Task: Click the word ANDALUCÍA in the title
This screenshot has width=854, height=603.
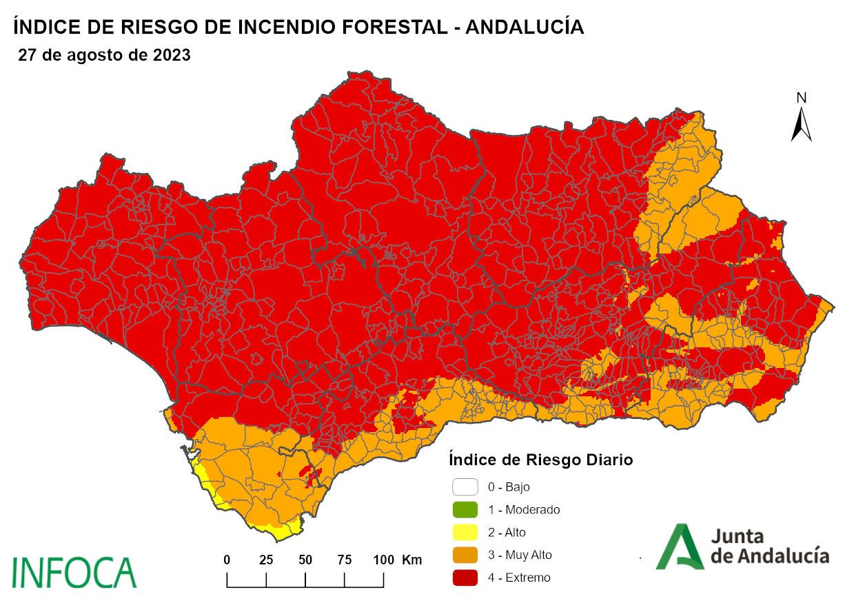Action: [525, 28]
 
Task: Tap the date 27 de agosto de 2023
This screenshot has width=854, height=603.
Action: [104, 56]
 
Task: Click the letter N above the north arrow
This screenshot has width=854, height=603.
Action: [801, 98]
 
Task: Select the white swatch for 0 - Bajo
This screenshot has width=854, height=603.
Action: [465, 487]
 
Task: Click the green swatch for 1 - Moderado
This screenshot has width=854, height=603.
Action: [465, 510]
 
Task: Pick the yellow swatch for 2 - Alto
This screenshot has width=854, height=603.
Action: [465, 532]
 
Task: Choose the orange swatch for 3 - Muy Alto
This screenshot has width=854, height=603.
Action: [465, 555]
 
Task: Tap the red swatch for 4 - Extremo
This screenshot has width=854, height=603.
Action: [465, 578]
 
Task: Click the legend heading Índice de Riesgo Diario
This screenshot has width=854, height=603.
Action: [540, 459]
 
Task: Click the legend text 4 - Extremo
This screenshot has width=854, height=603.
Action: [519, 578]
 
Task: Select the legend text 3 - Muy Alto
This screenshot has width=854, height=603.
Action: [520, 555]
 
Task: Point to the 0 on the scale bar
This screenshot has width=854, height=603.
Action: [227, 560]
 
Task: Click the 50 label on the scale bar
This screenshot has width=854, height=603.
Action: [305, 560]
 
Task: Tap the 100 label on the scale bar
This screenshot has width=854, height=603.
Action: [383, 560]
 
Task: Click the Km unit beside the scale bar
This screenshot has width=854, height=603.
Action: [411, 560]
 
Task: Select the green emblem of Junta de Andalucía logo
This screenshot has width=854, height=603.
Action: [680, 546]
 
